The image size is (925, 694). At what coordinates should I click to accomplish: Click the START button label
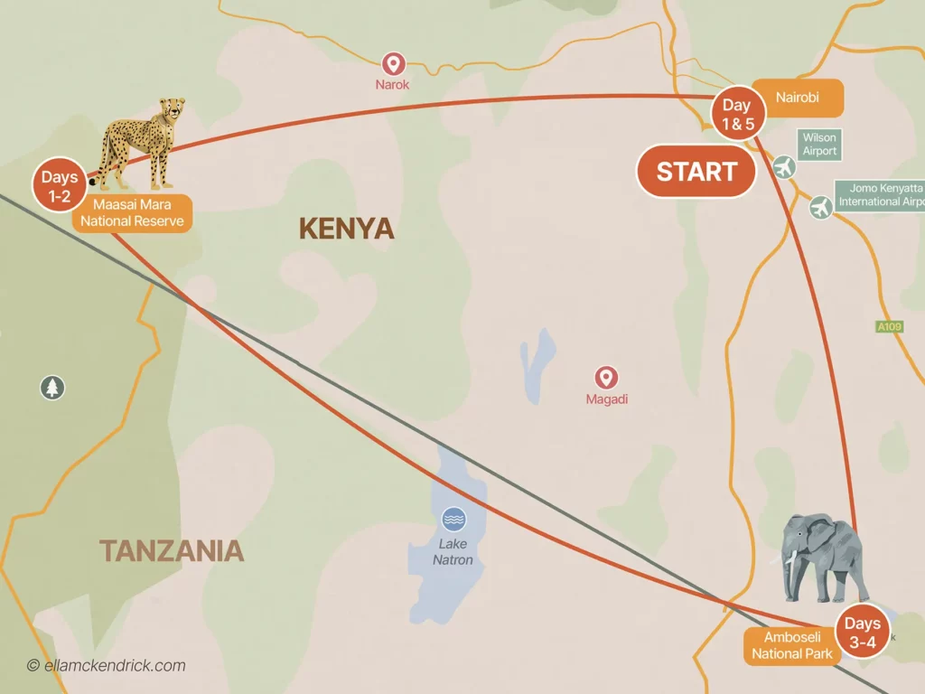pyautogui.click(x=696, y=172)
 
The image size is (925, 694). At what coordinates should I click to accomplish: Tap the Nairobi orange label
pyautogui.click(x=797, y=98)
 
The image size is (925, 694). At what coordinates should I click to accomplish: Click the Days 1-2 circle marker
pyautogui.click(x=60, y=186)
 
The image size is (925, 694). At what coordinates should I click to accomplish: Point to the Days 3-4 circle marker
pyautogui.click(x=862, y=632)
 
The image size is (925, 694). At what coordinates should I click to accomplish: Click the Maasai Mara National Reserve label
pyautogui.click(x=132, y=213)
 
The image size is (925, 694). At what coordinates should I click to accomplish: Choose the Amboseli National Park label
pyautogui.click(x=791, y=646)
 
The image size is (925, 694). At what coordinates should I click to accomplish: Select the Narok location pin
pyautogui.click(x=393, y=64)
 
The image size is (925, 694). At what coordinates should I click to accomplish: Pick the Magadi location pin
pyautogui.click(x=606, y=378)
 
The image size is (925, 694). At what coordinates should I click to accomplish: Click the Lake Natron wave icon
pyautogui.click(x=453, y=520)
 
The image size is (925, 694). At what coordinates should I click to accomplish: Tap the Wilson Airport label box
pyautogui.click(x=819, y=145)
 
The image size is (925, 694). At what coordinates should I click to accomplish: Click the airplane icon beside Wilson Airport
pyautogui.click(x=784, y=167)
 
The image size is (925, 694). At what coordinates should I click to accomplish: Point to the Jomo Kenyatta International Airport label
pyautogui.click(x=881, y=195)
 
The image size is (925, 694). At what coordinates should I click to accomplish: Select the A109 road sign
pyautogui.click(x=891, y=326)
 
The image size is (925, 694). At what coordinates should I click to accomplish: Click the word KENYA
pyautogui.click(x=346, y=229)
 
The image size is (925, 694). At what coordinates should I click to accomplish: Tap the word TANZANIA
pyautogui.click(x=171, y=550)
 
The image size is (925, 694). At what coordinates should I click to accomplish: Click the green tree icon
pyautogui.click(x=52, y=388)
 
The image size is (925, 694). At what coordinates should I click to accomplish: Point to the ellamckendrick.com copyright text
pyautogui.click(x=106, y=666)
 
